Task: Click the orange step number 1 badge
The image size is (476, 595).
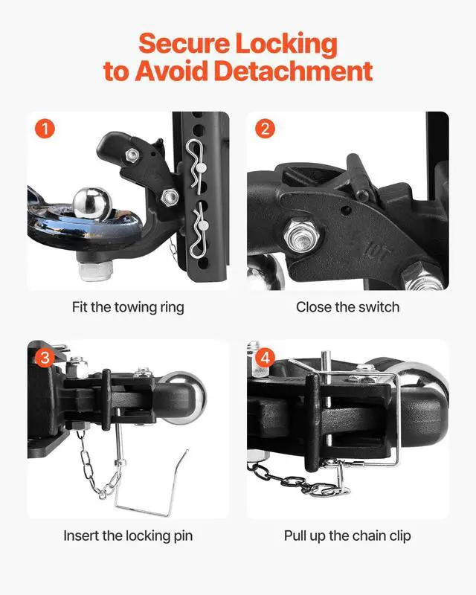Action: coord(45,129)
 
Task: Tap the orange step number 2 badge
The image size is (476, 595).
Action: coord(265,129)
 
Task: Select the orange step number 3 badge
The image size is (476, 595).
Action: coord(45,358)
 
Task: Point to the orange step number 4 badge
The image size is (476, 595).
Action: coord(265,358)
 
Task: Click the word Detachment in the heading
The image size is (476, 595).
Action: coord(294,71)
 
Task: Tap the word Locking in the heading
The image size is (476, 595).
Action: coord(286,45)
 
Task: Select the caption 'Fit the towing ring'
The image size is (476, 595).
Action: coord(128,307)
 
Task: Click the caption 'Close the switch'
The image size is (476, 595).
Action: coord(347,307)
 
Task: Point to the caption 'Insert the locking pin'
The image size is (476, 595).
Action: coord(128,535)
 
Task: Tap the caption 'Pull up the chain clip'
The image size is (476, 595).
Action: coord(347,535)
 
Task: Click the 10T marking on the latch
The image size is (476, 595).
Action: coord(376,252)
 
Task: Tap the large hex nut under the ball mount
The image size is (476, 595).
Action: coord(95,270)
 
